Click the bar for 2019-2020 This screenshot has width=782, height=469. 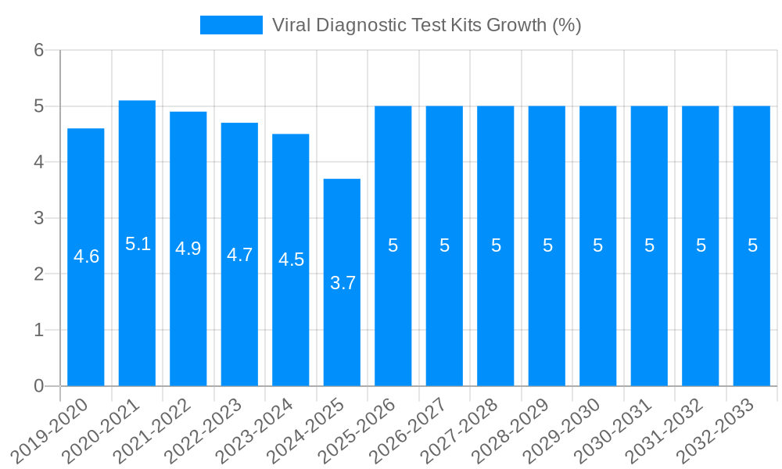[86, 313]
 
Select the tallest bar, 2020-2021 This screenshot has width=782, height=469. [137, 313]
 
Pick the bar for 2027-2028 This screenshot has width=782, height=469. [496, 313]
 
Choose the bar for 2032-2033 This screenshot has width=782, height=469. [752, 313]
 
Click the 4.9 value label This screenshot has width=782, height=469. [188, 249]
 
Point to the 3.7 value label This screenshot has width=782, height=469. [343, 283]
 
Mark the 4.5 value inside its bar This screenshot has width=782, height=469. [291, 260]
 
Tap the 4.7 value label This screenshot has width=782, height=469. [239, 255]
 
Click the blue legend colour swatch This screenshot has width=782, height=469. [231, 25]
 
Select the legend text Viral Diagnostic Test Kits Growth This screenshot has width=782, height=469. [426, 25]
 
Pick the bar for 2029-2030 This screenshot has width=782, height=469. [598, 313]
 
